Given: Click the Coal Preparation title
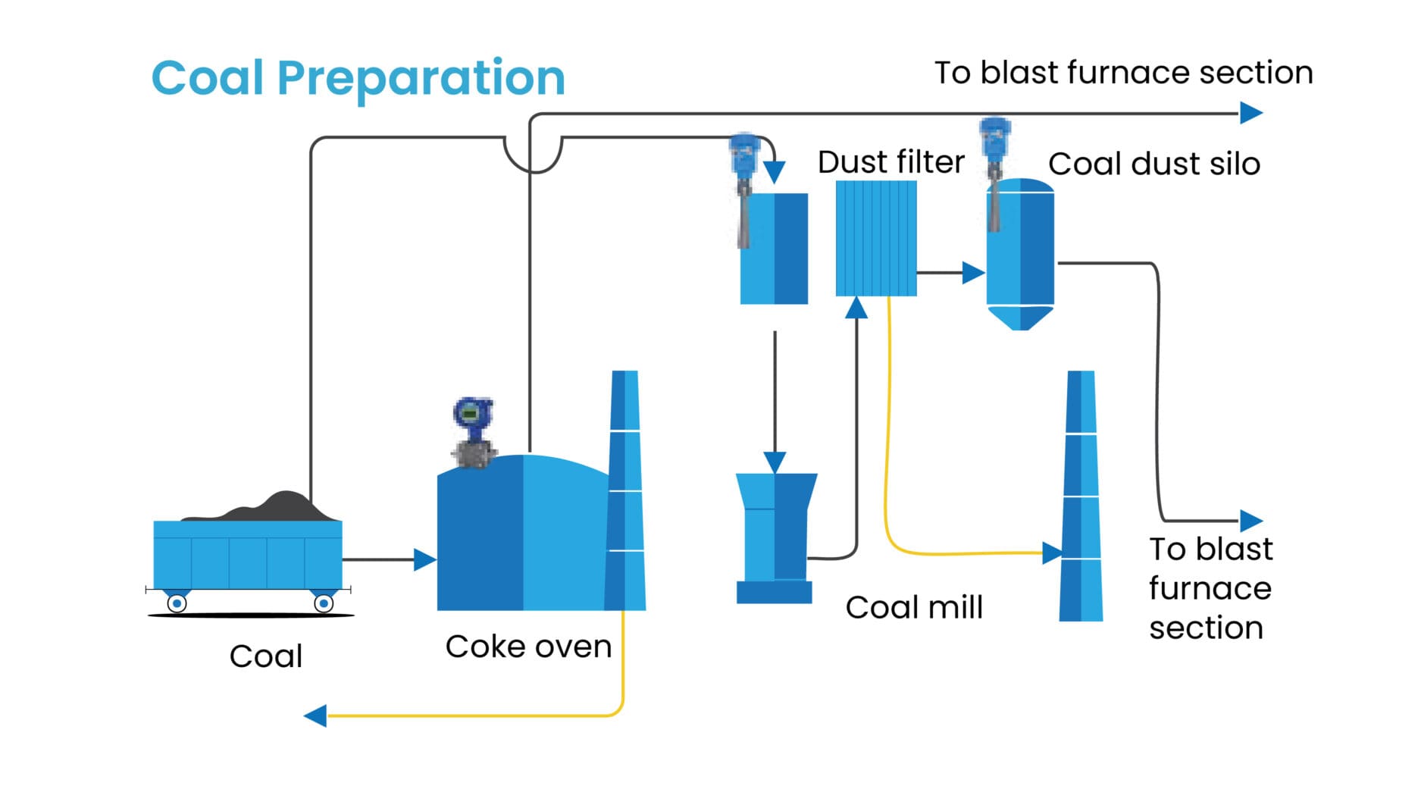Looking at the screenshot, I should click(358, 77).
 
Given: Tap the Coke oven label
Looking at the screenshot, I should click(528, 647).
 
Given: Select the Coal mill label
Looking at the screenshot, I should click(913, 606).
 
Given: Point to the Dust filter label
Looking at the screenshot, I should click(890, 162).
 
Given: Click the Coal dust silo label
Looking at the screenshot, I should click(1153, 164).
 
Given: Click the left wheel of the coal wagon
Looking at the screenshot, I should click(177, 603).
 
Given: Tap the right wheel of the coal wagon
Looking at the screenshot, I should click(323, 603).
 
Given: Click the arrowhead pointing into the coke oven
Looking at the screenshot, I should click(424, 559).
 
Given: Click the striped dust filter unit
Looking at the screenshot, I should click(875, 238).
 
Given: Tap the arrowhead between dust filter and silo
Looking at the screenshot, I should click(973, 272).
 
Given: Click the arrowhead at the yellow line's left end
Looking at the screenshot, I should click(315, 715).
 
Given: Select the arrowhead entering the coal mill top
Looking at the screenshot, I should click(774, 462).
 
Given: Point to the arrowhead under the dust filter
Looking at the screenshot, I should click(856, 308).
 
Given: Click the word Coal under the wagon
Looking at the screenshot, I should click(265, 656).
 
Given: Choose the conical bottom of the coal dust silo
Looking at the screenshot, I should click(1020, 318).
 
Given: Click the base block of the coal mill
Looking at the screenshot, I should click(774, 592).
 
